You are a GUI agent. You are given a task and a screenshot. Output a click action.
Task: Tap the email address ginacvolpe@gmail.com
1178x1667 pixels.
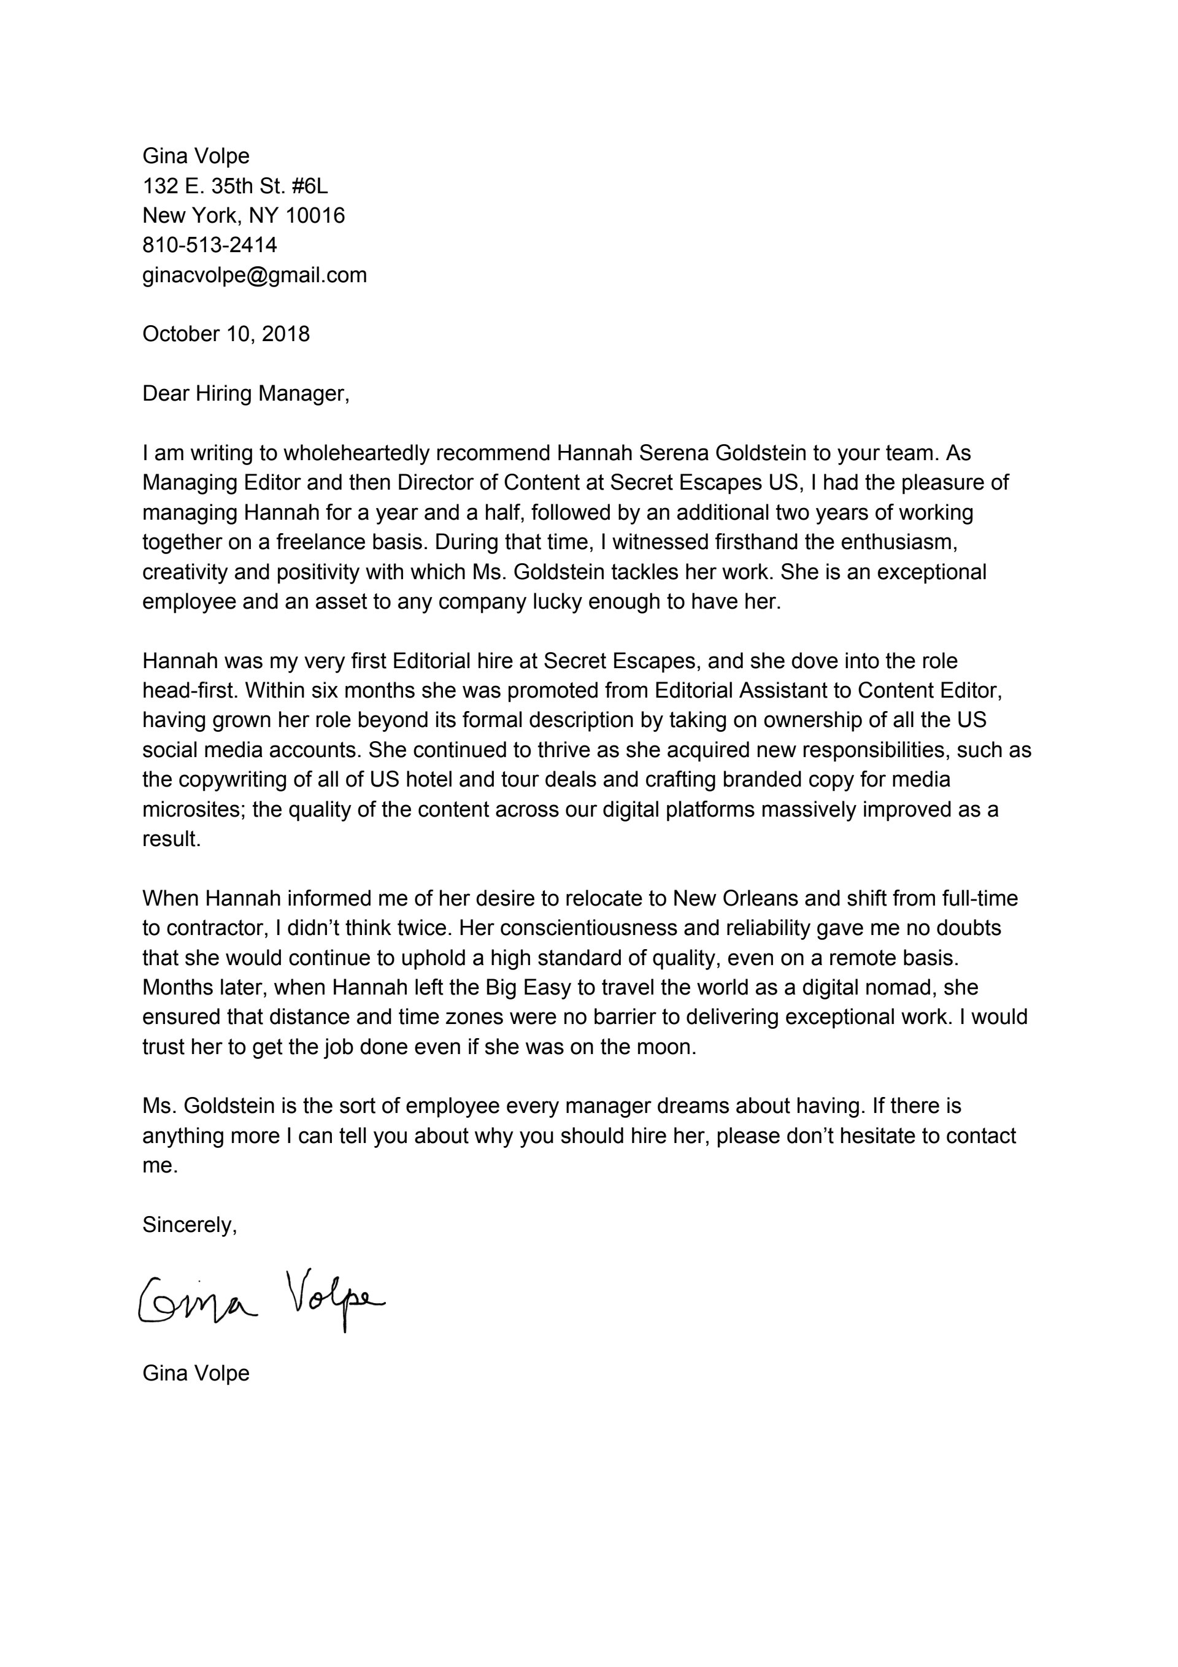click(x=254, y=275)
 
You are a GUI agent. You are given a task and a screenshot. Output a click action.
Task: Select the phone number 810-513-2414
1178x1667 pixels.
click(x=209, y=245)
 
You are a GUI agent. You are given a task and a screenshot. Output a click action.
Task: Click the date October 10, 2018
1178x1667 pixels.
click(x=226, y=334)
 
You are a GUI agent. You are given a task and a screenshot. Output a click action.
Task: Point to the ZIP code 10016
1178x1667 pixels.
click(x=315, y=215)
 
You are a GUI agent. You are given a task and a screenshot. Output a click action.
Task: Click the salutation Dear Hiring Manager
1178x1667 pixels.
click(x=245, y=393)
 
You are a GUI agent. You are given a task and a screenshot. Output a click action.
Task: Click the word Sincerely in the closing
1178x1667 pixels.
click(x=189, y=1225)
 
